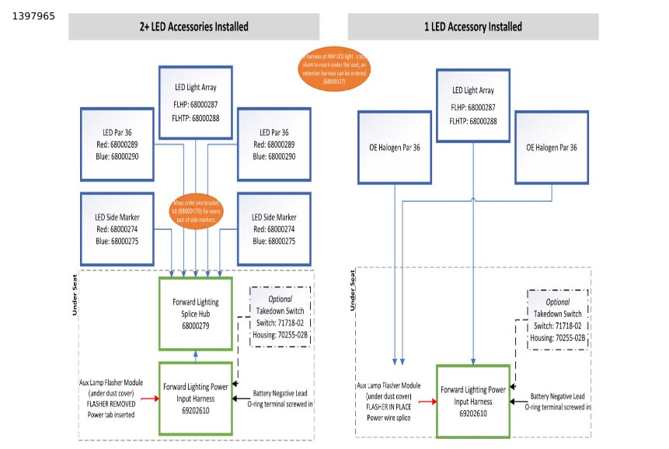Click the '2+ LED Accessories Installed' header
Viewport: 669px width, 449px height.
click(193, 27)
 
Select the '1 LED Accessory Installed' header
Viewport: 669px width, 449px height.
click(472, 27)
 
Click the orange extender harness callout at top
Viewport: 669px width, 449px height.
click(334, 68)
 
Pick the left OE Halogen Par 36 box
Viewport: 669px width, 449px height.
click(394, 148)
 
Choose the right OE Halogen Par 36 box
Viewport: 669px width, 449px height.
click(552, 148)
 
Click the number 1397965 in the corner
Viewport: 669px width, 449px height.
click(34, 16)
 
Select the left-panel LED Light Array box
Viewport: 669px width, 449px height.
click(195, 103)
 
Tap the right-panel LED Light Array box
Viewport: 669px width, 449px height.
click(473, 106)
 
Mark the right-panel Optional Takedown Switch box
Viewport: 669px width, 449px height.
click(557, 319)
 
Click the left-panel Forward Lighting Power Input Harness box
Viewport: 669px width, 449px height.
click(195, 398)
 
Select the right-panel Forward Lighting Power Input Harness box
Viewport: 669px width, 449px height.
click(473, 402)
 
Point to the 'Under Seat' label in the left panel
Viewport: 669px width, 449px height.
click(75, 295)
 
